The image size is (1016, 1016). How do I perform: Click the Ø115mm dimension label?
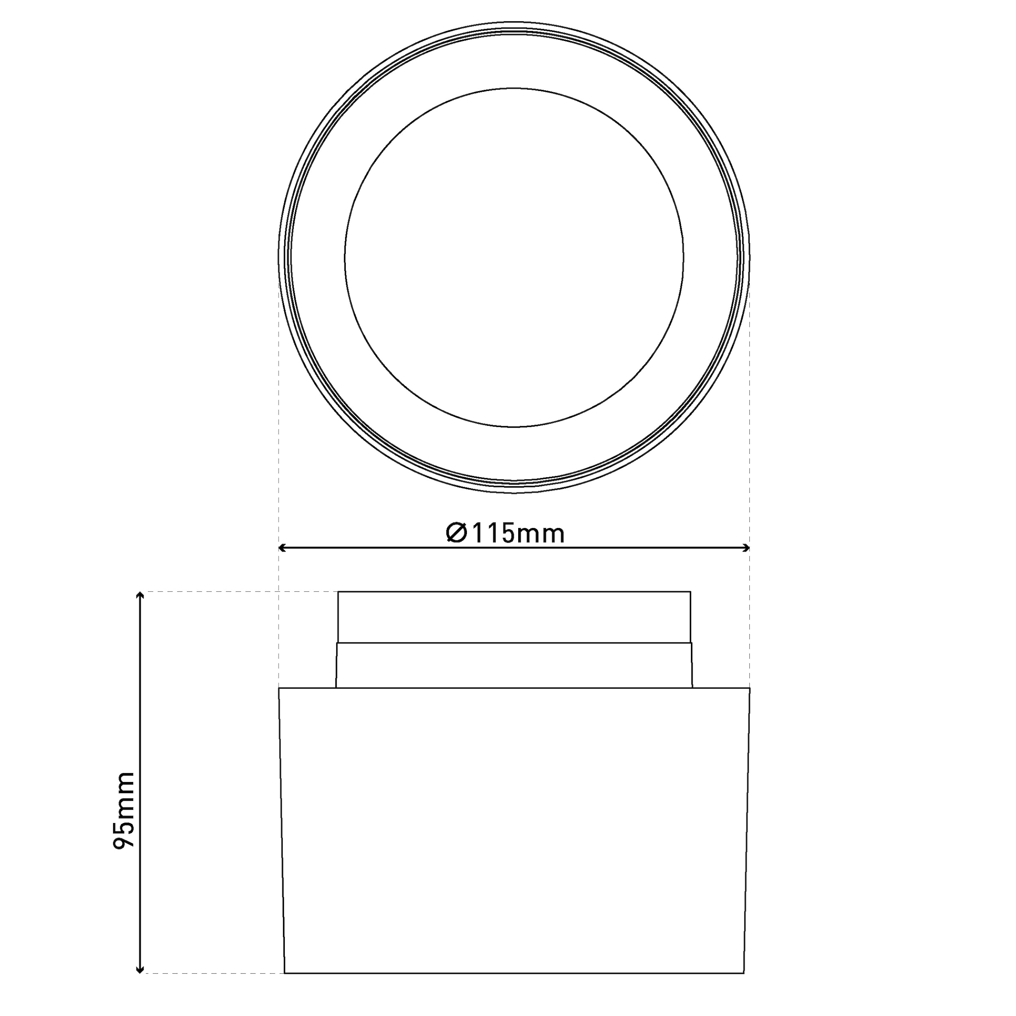tap(505, 533)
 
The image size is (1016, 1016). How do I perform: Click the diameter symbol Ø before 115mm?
tap(456, 533)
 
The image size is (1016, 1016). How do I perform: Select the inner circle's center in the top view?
tap(514, 258)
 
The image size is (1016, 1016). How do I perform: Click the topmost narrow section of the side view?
tap(514, 617)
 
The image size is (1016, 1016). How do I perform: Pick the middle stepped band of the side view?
tap(514, 665)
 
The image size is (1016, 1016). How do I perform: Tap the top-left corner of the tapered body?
tap(279, 688)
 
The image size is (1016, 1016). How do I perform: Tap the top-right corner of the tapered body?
tap(749, 688)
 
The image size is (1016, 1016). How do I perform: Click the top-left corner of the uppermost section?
tap(338, 592)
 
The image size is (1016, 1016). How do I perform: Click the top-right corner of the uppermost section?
tap(690, 592)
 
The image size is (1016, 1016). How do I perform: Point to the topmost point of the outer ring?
tap(514, 22)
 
